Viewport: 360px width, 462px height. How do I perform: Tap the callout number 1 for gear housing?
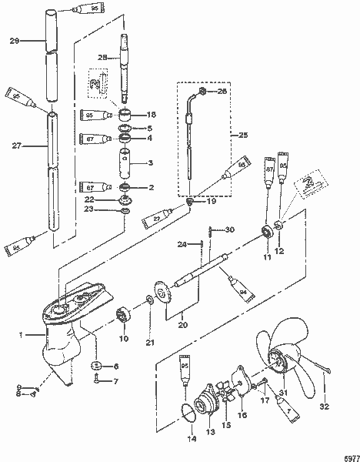pos(21,335)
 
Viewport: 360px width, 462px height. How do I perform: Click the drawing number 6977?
pos(349,455)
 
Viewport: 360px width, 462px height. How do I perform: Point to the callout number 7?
pos(116,381)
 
